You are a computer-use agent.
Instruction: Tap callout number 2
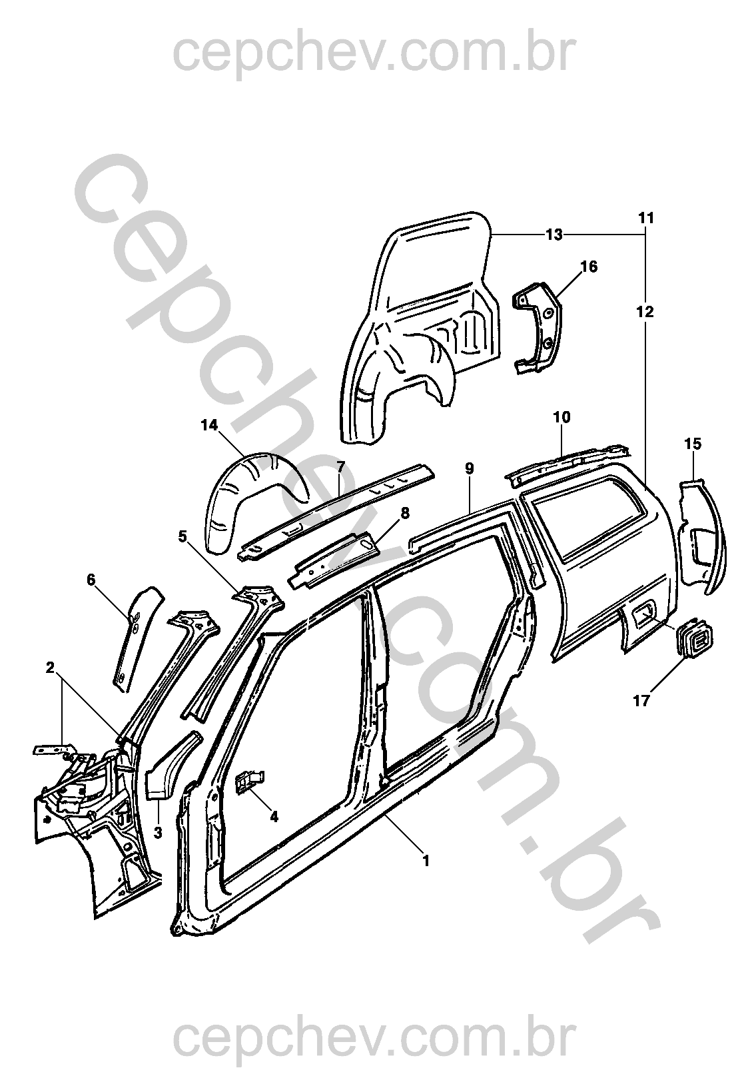pos(50,668)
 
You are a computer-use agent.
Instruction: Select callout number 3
pos(158,832)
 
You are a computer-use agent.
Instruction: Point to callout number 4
pos(273,817)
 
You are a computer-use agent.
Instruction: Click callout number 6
pos(91,580)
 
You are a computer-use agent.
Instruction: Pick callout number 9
pos(470,468)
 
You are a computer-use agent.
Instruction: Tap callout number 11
pos(645,218)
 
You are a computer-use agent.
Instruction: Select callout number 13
pos(554,235)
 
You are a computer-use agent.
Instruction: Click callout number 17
pos(641,701)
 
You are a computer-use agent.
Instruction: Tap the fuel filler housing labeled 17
pos(697,638)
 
